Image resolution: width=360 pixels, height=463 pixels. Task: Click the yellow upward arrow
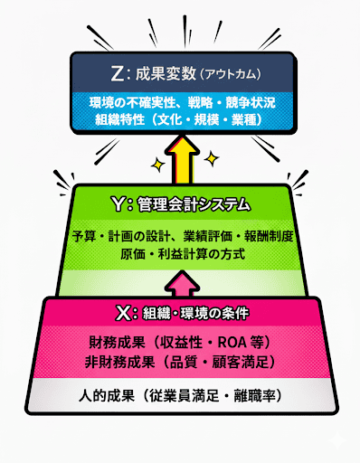[180, 159]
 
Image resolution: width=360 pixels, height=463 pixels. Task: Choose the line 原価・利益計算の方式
[182, 255]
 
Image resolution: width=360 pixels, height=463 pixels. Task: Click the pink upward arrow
[180, 285]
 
